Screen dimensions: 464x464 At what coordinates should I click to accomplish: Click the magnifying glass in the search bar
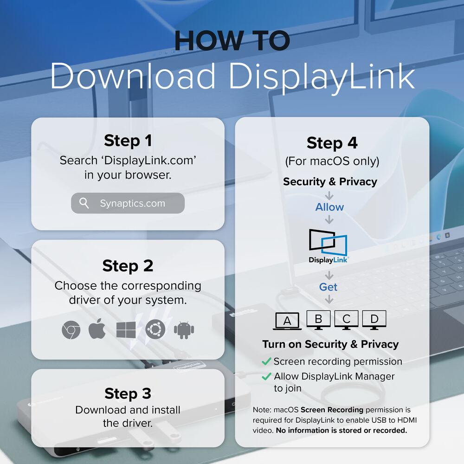click(x=84, y=203)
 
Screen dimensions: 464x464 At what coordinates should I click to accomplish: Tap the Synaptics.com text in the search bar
click(x=132, y=204)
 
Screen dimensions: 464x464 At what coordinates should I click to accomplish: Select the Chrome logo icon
click(x=71, y=329)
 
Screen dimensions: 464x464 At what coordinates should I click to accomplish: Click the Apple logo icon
click(x=97, y=329)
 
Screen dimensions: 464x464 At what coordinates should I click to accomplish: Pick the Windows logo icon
click(x=126, y=330)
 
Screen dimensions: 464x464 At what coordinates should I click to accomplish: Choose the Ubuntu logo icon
click(x=155, y=329)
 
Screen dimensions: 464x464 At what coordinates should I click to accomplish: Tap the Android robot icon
click(x=184, y=330)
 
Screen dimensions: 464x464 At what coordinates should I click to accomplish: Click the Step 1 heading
click(x=128, y=141)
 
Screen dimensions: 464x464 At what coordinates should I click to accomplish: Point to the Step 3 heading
click(x=128, y=393)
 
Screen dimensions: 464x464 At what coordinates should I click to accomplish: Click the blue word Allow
click(x=329, y=207)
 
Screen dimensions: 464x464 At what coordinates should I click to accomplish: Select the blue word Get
click(x=328, y=287)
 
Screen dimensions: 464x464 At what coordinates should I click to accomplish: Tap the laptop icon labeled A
click(x=287, y=321)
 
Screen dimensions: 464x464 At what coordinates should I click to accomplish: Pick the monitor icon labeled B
click(x=318, y=320)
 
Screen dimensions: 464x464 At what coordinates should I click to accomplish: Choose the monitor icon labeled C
click(x=346, y=320)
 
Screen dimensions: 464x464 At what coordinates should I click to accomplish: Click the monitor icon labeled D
click(x=374, y=320)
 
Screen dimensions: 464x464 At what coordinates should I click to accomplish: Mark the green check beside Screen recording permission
click(x=266, y=361)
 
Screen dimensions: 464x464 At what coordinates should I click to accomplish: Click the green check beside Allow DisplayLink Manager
click(x=266, y=376)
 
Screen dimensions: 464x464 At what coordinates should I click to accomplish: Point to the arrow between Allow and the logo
click(x=329, y=219)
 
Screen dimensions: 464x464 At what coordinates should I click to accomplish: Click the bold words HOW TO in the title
click(x=232, y=40)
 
